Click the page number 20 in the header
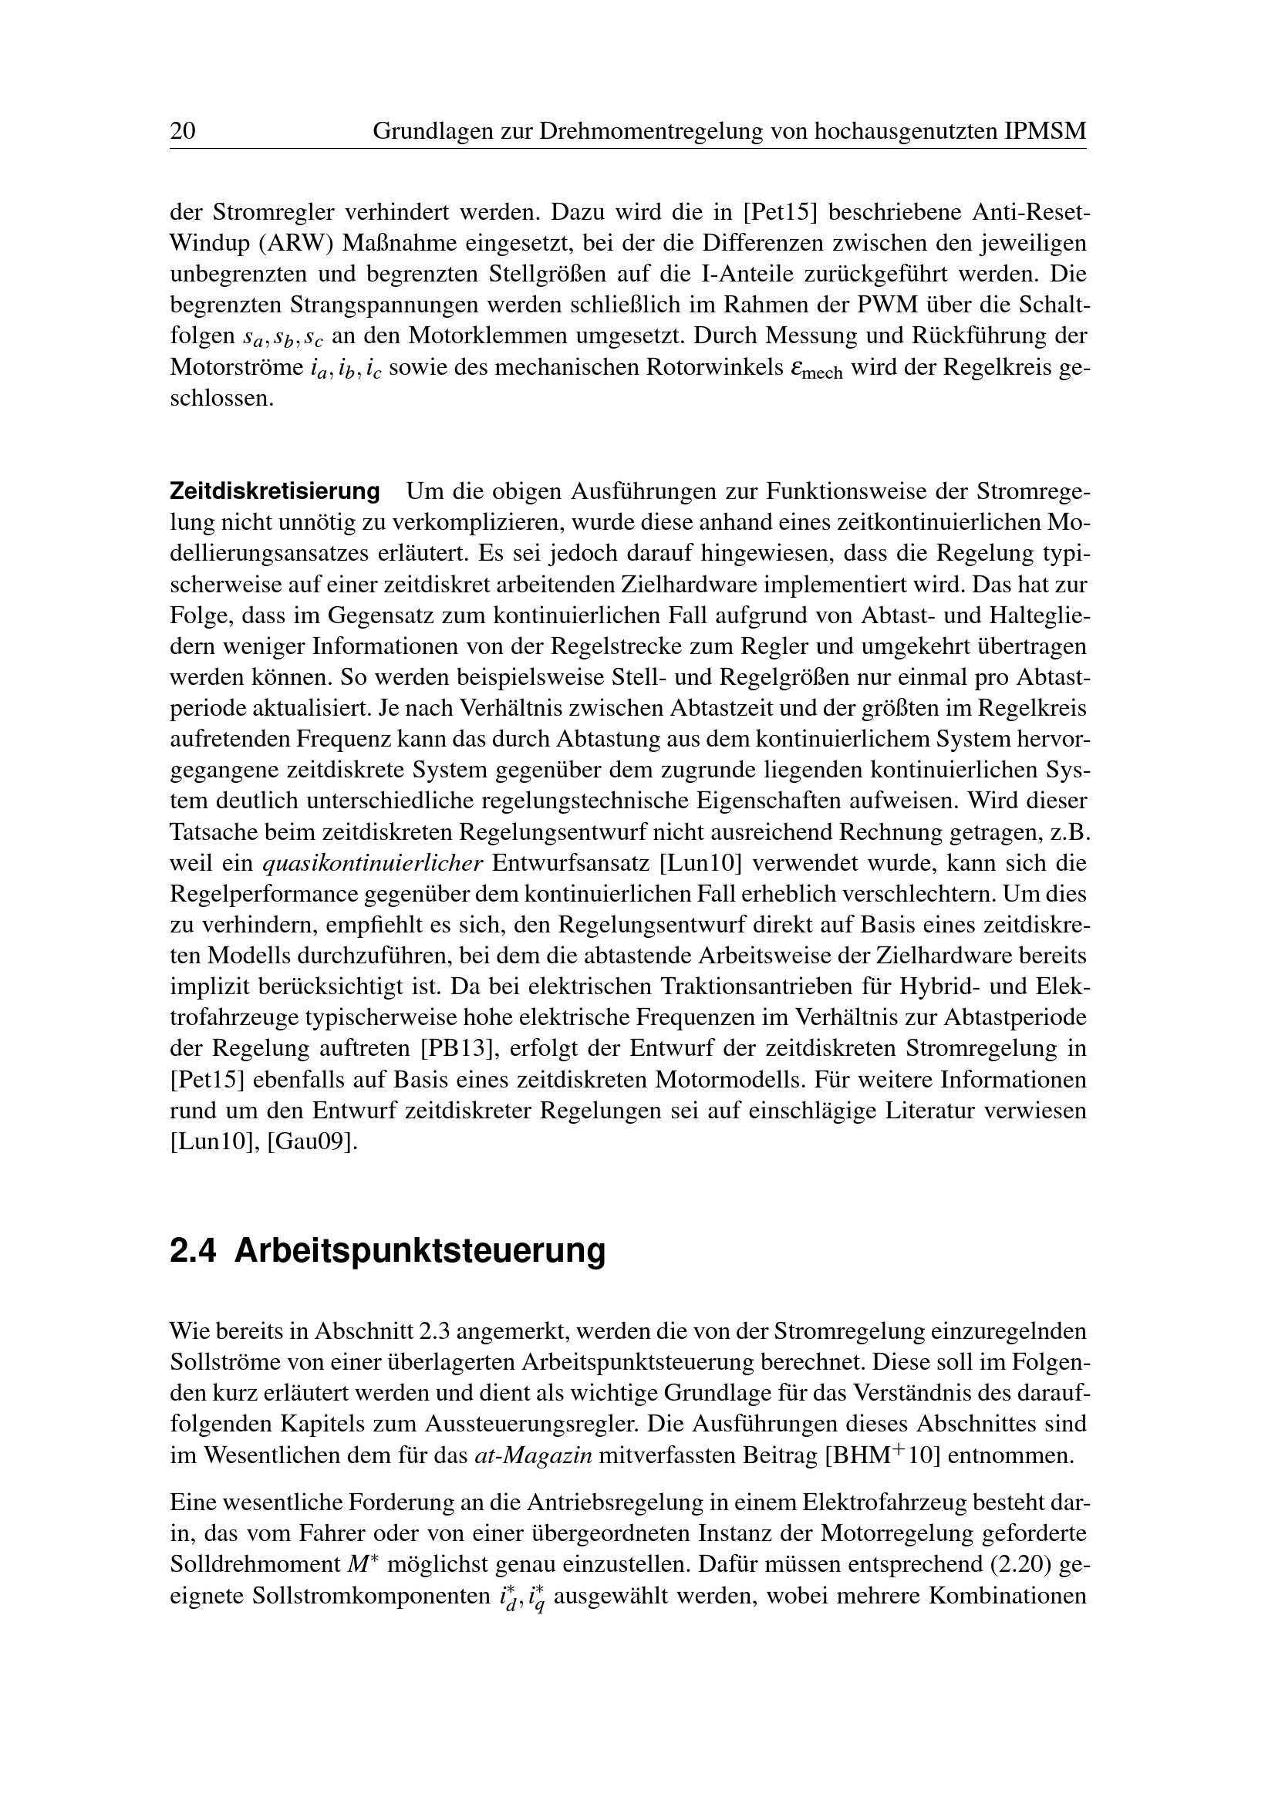point(182,130)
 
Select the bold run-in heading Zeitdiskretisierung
point(275,492)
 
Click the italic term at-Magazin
point(535,1455)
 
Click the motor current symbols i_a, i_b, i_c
point(345,369)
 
